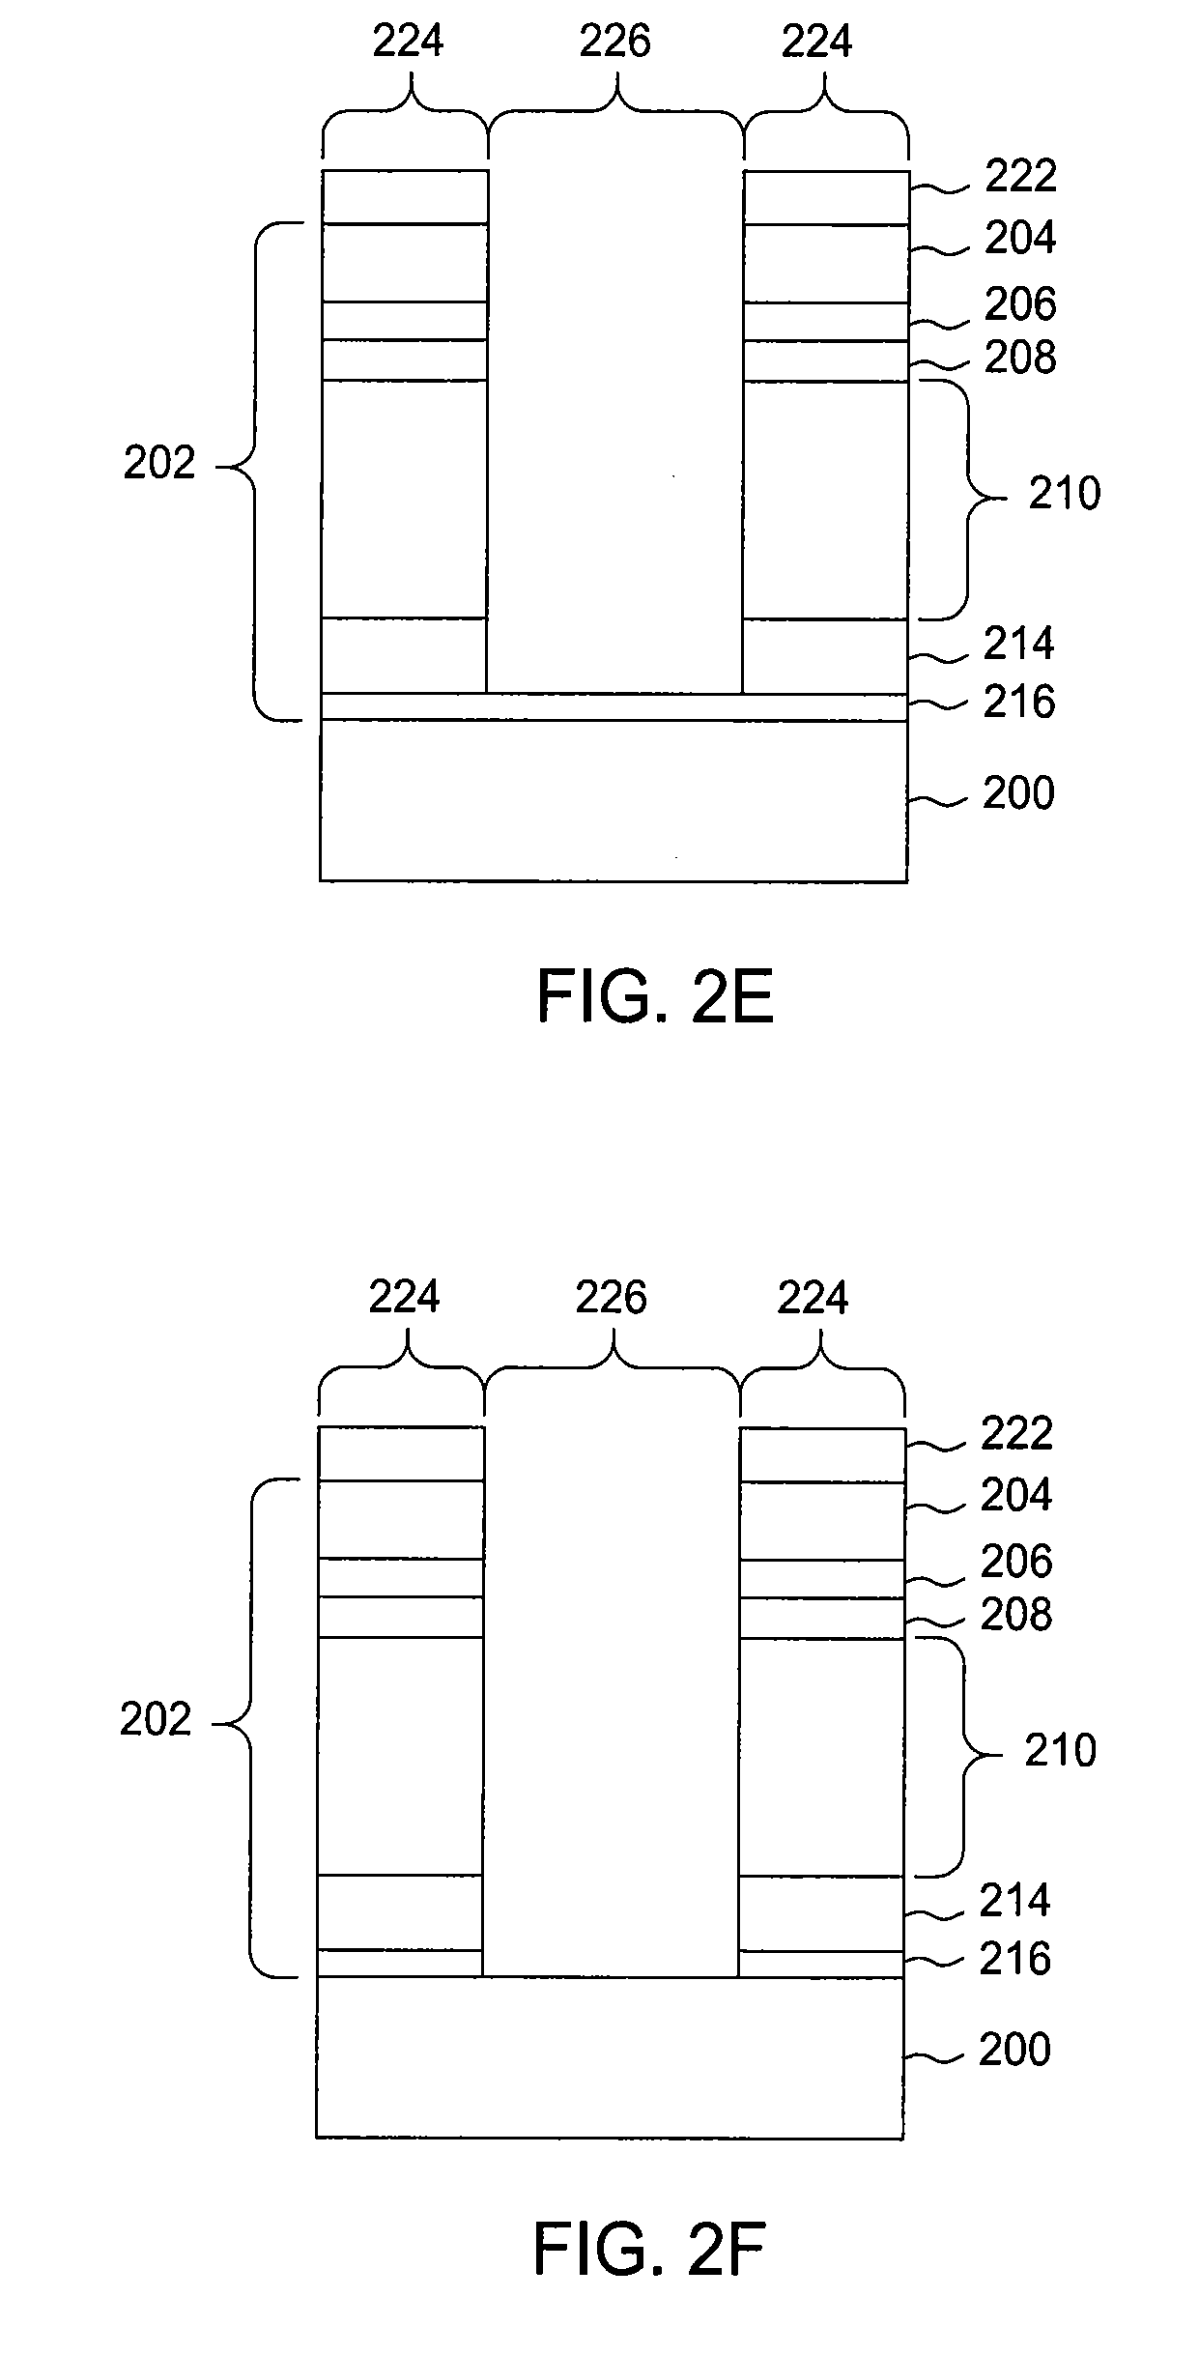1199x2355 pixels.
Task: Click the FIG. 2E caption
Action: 655,998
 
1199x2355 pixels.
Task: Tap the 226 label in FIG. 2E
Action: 614,42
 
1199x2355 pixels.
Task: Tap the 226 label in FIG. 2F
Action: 611,1297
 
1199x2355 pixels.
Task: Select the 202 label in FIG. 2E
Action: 159,465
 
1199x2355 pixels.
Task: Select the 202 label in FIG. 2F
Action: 156,1720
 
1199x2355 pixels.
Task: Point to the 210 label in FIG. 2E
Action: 1064,494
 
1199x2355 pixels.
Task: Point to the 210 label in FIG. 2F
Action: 1060,1750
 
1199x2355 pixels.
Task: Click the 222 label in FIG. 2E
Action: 1020,176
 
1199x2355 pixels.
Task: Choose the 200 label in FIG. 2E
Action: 1018,793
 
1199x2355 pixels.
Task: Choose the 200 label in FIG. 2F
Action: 1014,2049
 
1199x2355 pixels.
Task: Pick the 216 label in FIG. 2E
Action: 1019,702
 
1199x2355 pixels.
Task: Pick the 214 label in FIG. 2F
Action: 1015,1900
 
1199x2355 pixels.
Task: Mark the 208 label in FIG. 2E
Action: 1020,359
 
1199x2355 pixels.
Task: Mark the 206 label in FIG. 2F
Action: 1016,1561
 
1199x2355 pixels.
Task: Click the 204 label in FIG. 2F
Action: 1016,1495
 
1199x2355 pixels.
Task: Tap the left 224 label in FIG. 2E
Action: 408,42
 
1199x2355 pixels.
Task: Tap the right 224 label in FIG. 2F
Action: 813,1297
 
